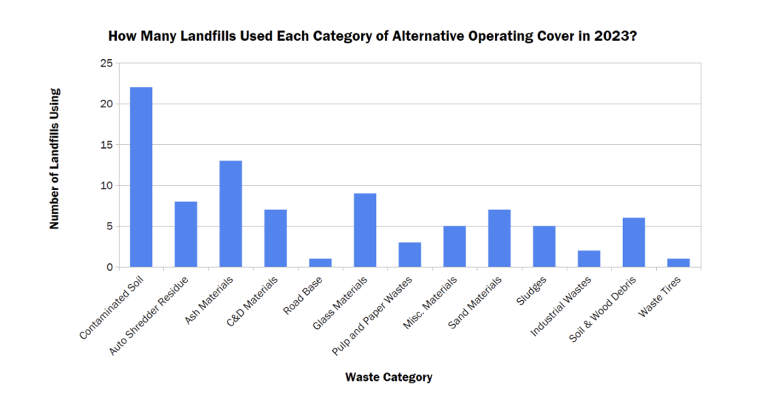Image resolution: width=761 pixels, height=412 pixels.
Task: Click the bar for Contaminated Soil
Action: [141, 177]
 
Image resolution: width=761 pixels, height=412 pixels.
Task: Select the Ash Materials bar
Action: [231, 214]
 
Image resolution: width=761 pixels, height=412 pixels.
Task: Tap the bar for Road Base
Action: [320, 263]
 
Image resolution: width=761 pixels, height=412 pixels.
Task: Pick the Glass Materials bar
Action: [365, 230]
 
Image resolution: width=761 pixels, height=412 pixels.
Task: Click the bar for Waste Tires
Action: [678, 263]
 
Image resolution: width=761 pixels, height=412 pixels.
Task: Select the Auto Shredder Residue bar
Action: [185, 234]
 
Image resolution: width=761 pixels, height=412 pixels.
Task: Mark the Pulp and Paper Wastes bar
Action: [409, 254]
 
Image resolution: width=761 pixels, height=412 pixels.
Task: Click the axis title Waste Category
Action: [389, 377]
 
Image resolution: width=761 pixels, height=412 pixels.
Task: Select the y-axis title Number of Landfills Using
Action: [55, 159]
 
